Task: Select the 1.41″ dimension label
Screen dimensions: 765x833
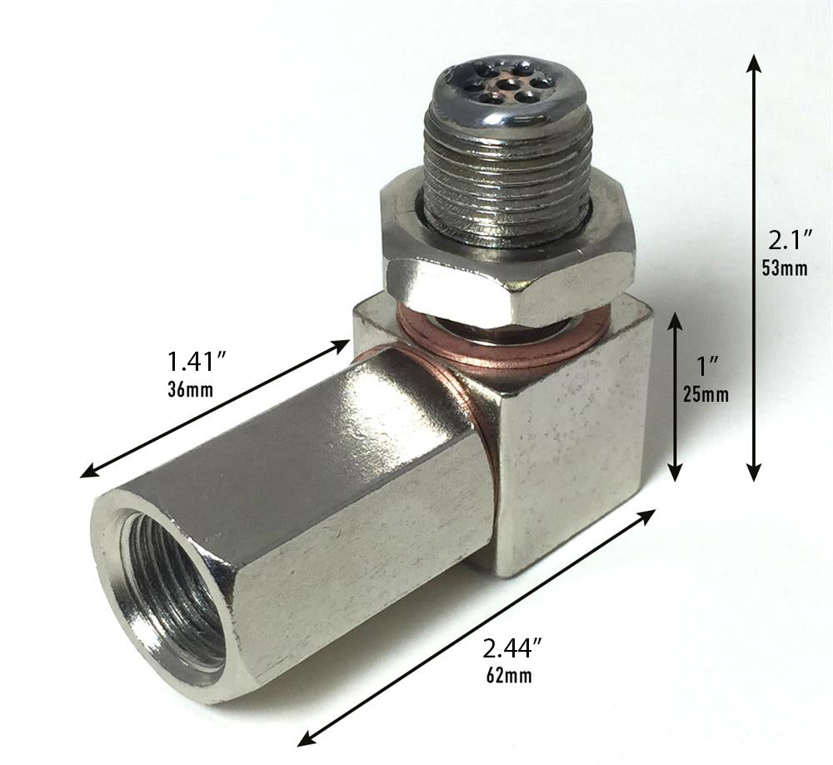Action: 198,362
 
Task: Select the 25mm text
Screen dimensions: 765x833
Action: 706,393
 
